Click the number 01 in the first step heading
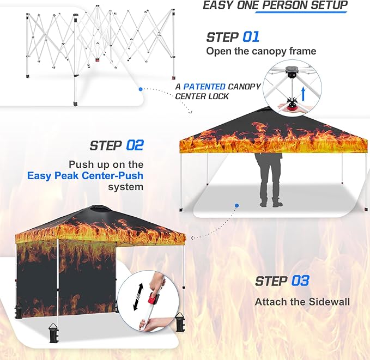(x=251, y=37)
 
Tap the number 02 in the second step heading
(x=135, y=145)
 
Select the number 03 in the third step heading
(x=300, y=281)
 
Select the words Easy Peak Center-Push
(x=86, y=175)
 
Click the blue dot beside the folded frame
(x=141, y=88)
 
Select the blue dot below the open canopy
(x=237, y=206)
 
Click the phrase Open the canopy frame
(x=260, y=51)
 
